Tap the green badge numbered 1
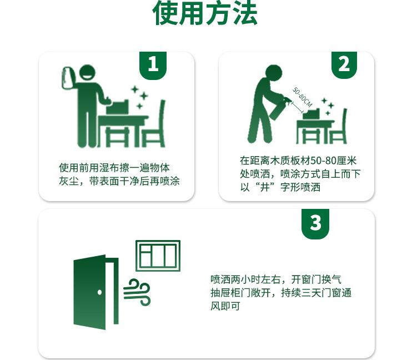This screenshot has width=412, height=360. coord(153,65)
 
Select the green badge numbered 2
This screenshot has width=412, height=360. coord(344,64)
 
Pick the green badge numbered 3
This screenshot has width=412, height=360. coord(315,223)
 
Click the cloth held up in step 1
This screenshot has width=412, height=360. coord(68,78)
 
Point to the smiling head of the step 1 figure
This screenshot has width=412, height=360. coord(87,73)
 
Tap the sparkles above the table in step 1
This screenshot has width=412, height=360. coord(139,97)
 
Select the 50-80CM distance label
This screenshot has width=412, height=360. coord(302,97)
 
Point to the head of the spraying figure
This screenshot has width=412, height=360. coord(274,73)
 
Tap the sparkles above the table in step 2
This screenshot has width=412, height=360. coord(328,106)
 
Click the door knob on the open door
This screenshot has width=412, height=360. coord(99,292)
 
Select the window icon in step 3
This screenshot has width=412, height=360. coord(158,256)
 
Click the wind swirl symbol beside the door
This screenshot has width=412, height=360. coord(137,292)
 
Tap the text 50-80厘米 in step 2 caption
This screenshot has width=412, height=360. coord(334,161)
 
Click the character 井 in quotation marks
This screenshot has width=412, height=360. coord(265,187)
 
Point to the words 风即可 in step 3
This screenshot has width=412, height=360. coord(225,306)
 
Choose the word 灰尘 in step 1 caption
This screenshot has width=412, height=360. coord(69,181)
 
